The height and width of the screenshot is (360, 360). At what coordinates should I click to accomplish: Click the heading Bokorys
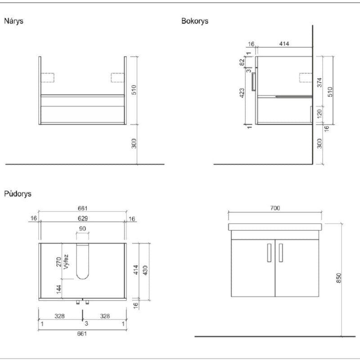click(195, 21)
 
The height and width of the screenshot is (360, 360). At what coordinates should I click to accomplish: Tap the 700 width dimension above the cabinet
click(275, 208)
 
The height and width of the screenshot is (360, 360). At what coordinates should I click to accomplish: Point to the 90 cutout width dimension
click(82, 229)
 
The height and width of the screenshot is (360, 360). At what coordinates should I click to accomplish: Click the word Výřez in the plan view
click(66, 262)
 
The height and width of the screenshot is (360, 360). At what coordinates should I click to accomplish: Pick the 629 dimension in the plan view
click(82, 218)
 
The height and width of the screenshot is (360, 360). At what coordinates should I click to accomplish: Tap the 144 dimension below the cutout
click(58, 289)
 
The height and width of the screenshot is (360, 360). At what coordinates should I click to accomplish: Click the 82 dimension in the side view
click(242, 62)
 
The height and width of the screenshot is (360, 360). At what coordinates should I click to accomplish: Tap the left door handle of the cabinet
click(269, 252)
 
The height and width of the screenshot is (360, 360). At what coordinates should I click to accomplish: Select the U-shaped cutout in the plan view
click(82, 261)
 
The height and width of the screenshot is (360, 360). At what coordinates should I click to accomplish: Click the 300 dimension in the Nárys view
click(134, 144)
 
